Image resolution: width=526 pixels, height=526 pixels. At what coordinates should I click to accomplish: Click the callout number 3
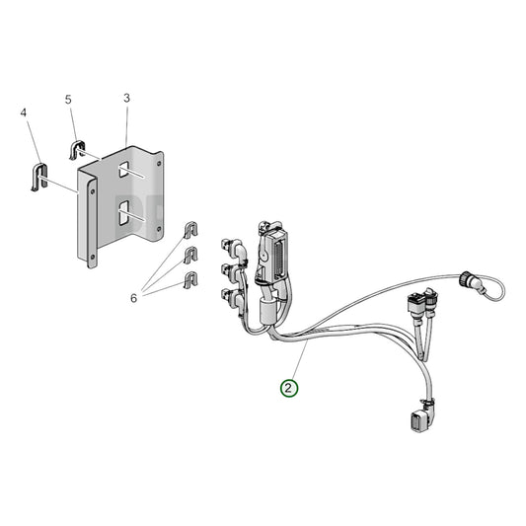point(127,99)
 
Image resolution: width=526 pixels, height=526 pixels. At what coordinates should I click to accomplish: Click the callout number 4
point(23,113)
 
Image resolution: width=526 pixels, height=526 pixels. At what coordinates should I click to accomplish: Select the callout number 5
point(68,100)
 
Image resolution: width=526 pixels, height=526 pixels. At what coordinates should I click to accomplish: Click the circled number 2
point(287,388)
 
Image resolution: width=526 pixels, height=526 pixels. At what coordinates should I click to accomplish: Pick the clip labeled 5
point(79,151)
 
